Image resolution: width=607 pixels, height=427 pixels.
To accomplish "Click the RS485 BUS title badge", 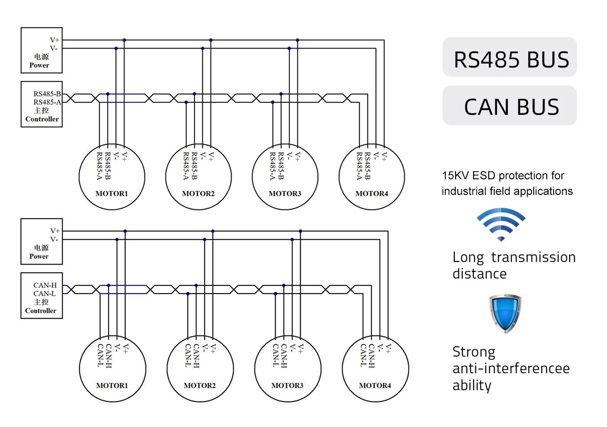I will tap(510, 58).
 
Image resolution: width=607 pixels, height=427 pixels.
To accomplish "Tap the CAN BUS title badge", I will tap(510, 106).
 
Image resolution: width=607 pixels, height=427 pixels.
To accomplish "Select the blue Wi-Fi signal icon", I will tap(501, 224).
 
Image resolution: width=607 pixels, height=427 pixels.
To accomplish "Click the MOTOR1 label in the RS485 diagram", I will tap(112, 194).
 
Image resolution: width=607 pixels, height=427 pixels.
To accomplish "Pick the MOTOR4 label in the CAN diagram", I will tap(375, 385).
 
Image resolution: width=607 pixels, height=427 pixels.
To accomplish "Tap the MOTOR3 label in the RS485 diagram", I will tap(285, 194).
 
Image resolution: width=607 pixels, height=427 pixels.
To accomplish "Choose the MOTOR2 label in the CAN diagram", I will tap(199, 385).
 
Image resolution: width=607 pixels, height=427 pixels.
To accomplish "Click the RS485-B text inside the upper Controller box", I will tap(47, 94).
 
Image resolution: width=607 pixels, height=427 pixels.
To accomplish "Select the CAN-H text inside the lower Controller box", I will tap(45, 285).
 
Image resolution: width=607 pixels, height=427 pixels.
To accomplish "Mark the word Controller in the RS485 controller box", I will tap(42, 119).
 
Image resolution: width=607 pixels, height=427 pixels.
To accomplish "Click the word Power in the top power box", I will tap(39, 65).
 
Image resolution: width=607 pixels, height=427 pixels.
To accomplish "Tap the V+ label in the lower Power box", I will tap(55, 231).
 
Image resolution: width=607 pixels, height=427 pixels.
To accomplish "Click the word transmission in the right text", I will tap(533, 257).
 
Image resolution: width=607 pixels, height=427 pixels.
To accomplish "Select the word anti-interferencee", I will tap(511, 369).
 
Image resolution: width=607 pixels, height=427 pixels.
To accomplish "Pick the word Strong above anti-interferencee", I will tap(474, 352).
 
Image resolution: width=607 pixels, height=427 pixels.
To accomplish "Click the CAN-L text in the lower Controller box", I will tap(45, 294).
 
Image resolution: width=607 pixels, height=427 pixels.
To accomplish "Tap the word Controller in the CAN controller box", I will tap(41, 311).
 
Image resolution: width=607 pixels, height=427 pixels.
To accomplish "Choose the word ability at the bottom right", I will tap(472, 385).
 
